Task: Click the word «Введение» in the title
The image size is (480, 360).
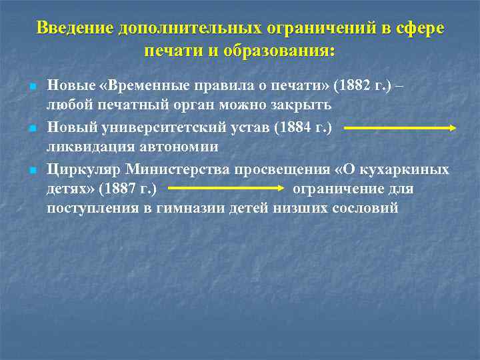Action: pyautogui.click(x=73, y=29)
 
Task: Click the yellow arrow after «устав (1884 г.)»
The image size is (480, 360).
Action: pyautogui.click(x=400, y=127)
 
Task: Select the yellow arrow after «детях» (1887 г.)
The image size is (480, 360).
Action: pyautogui.click(x=223, y=189)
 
